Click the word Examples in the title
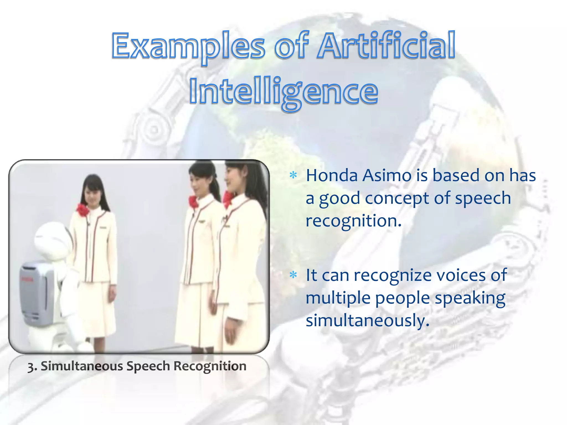188,46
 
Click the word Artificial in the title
386,46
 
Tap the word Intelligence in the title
283,91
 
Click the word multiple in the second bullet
338,298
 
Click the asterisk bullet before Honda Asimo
293,175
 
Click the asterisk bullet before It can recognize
293,275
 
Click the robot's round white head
51,238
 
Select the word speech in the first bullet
483,198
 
